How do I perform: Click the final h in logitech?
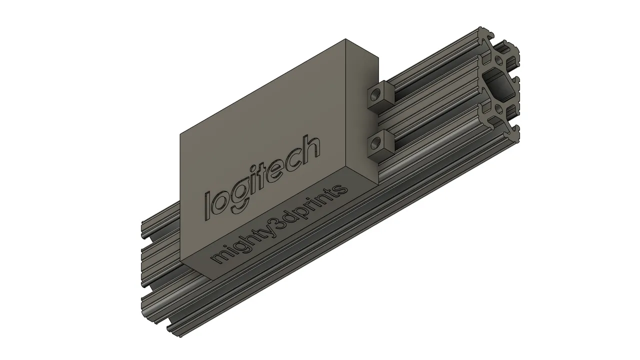click(x=310, y=150)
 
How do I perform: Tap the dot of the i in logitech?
click(x=248, y=170)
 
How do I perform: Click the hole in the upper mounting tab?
click(x=375, y=94)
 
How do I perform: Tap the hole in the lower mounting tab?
click(x=375, y=142)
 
